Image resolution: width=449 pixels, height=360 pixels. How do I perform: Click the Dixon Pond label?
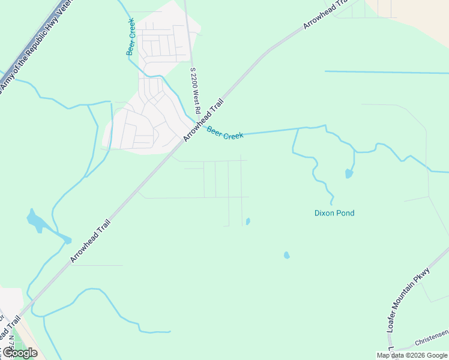tap(334, 213)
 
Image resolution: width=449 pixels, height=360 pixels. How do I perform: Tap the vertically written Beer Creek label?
tap(130, 37)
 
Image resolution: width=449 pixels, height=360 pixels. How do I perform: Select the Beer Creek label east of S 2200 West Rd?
tap(225, 133)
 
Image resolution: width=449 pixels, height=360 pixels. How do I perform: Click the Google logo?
tap(19, 353)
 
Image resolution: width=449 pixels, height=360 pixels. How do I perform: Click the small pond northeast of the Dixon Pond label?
tap(349, 174)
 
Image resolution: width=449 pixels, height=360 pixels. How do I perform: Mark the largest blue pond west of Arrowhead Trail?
tap(35, 221)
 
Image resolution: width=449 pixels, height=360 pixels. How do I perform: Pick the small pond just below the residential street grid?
tap(248, 221)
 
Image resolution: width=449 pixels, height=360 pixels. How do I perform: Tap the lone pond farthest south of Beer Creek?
tap(286, 255)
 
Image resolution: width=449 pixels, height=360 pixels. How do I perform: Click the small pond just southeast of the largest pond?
tap(67, 241)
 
